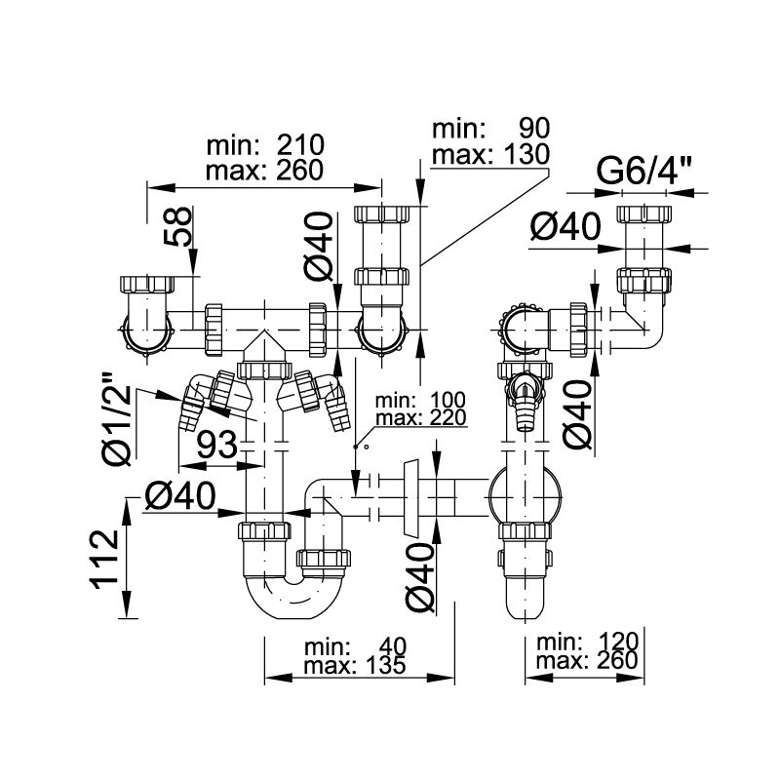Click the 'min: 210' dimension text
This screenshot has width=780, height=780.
click(x=265, y=146)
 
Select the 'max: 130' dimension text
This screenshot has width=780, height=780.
click(x=491, y=153)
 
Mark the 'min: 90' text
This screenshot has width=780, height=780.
click(x=491, y=128)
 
